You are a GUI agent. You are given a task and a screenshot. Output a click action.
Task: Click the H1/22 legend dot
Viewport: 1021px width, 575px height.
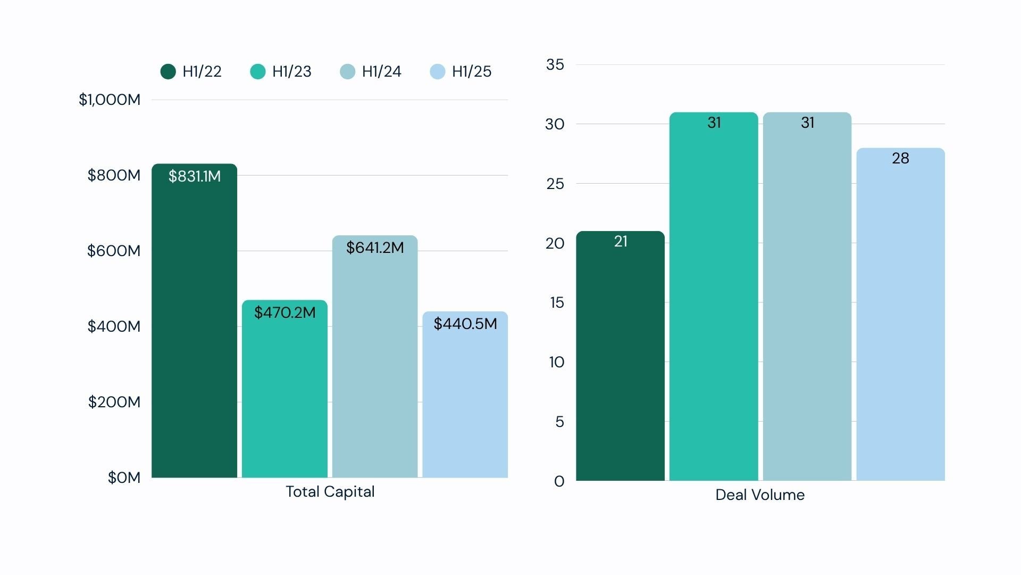[168, 71]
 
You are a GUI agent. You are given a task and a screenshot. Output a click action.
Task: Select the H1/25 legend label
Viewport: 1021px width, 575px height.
[471, 71]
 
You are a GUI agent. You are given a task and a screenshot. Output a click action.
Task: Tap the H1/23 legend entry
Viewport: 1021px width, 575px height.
[281, 71]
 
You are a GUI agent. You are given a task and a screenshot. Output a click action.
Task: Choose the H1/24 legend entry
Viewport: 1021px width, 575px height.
[371, 71]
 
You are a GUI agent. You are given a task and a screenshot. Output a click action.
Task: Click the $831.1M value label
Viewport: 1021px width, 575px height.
[195, 176]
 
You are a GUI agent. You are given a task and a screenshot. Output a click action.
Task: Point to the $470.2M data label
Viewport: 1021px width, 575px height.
[285, 313]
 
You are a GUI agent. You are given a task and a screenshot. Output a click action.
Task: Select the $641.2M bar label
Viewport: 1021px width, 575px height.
[375, 248]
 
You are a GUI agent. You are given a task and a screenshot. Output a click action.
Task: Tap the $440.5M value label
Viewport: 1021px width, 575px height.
[465, 324]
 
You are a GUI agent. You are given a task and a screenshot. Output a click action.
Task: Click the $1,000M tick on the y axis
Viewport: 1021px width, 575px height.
[110, 100]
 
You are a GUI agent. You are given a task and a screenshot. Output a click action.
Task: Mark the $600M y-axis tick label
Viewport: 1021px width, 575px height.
[114, 251]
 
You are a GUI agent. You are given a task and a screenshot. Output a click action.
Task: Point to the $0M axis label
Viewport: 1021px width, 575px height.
[124, 478]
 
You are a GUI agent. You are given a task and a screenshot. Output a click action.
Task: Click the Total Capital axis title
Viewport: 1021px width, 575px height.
[330, 491]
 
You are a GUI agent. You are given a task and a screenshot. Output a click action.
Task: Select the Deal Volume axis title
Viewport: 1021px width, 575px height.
[760, 495]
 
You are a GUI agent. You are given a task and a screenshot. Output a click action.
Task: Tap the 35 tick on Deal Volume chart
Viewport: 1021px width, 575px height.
[555, 64]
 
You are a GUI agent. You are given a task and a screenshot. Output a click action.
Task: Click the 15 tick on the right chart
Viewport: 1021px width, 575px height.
[557, 302]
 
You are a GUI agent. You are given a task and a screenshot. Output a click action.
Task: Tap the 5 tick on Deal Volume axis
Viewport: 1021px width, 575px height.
[559, 422]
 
